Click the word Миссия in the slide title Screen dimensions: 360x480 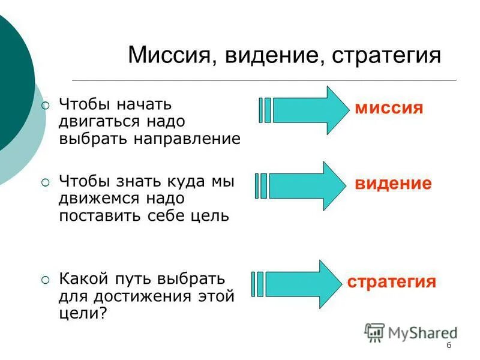point(168,56)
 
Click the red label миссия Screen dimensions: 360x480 point(389,109)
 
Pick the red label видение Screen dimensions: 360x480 point(393,184)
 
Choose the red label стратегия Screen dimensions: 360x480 point(392,282)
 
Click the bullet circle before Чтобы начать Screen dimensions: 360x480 point(46,106)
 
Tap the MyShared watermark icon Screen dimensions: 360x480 point(374,332)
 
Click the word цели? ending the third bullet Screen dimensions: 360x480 point(82,313)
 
